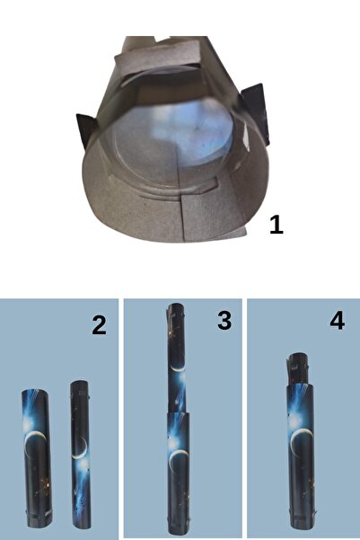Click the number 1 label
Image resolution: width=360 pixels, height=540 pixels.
click(x=276, y=225)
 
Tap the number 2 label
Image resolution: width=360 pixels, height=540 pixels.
click(x=99, y=325)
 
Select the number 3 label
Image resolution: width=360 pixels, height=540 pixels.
click(x=224, y=321)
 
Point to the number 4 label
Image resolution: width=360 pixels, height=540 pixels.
click(x=338, y=321)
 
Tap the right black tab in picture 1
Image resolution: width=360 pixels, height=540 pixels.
click(x=255, y=112)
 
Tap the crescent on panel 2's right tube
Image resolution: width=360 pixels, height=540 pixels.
click(x=81, y=449)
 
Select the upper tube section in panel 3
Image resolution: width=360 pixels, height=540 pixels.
click(x=177, y=359)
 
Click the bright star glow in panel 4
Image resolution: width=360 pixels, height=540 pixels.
click(x=294, y=420)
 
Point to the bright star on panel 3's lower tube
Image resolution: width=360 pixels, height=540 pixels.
click(x=172, y=444)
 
